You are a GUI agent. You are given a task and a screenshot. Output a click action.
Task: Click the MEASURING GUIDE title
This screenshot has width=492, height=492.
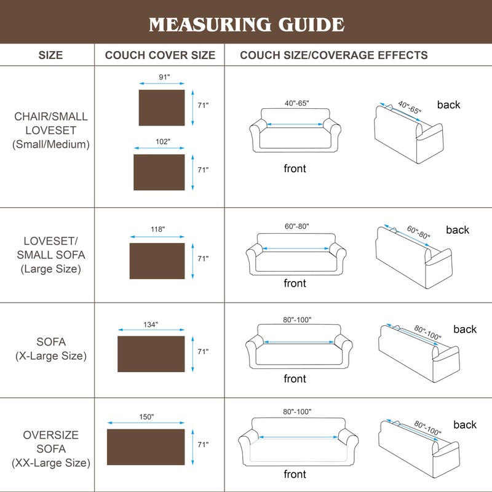[246, 25]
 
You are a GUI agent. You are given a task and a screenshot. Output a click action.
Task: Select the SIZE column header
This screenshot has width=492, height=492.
[50, 55]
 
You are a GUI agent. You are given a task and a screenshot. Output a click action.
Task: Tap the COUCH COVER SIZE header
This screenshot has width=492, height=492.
[160, 55]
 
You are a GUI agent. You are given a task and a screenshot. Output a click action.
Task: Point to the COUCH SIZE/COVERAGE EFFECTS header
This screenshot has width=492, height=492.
[334, 55]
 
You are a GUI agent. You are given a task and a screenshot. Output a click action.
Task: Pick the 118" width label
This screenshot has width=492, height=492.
[157, 229]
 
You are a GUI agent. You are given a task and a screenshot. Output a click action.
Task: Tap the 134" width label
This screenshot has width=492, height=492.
[151, 324]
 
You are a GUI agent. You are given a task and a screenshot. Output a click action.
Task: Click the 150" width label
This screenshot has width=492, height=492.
[146, 417]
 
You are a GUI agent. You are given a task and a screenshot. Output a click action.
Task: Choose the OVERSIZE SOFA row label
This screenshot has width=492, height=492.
[50, 449]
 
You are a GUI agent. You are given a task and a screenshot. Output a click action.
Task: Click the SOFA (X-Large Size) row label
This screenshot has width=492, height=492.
[50, 349]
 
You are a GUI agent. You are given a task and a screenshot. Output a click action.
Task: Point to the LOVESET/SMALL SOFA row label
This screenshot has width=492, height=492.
[50, 254]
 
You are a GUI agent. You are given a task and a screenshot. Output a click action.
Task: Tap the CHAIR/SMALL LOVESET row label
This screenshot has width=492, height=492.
[50, 130]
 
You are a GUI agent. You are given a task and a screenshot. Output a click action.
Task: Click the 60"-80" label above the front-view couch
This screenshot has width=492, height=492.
[296, 226]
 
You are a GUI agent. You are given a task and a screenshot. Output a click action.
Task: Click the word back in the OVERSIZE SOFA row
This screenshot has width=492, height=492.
[465, 425]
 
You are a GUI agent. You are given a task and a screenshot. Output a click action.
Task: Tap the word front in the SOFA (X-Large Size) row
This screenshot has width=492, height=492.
[295, 379]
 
